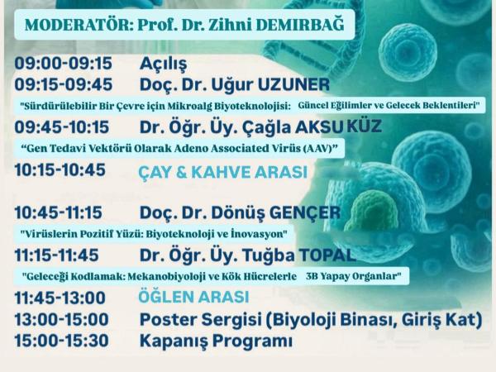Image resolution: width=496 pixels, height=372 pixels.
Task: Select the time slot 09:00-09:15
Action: tap(64, 63)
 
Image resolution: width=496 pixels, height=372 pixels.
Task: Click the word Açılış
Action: tap(163, 64)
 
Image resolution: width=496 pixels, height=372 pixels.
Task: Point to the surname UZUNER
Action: tap(293, 85)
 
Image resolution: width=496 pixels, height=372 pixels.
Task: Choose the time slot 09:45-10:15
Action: tap(62, 127)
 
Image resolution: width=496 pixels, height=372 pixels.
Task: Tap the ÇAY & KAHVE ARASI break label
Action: tap(223, 173)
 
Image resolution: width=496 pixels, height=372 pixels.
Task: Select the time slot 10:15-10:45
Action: tap(60, 169)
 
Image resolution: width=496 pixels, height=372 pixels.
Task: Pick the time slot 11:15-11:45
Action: tap(57, 255)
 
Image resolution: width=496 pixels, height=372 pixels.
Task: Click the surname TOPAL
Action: tap(327, 255)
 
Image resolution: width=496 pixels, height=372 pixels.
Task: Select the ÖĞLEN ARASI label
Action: tap(193, 298)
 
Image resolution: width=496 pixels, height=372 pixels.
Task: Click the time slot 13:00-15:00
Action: tap(62, 319)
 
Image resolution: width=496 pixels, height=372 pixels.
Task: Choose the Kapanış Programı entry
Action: tap(216, 341)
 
